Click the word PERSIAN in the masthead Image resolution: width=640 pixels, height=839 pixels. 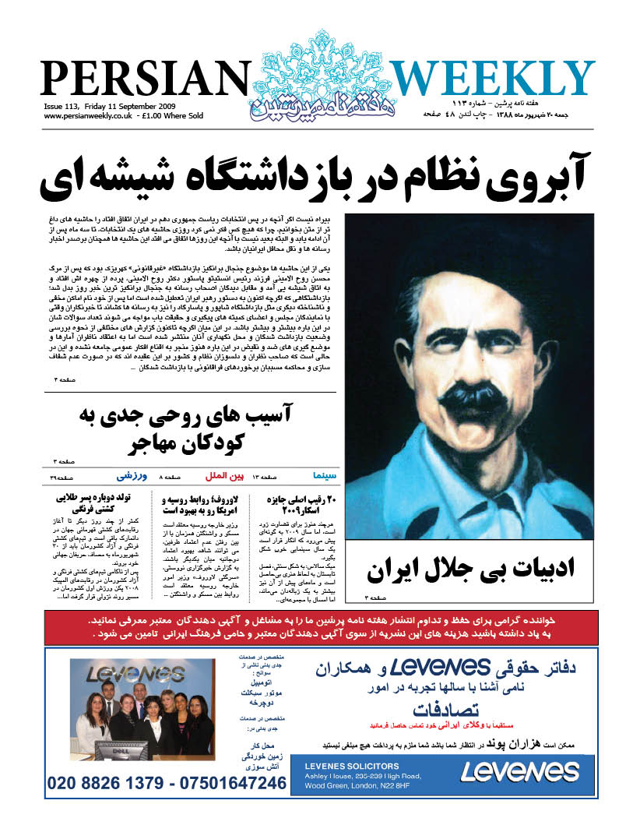(x=143, y=80)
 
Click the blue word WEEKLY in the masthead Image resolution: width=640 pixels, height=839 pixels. (x=492, y=80)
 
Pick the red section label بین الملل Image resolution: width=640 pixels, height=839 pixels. (x=220, y=474)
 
